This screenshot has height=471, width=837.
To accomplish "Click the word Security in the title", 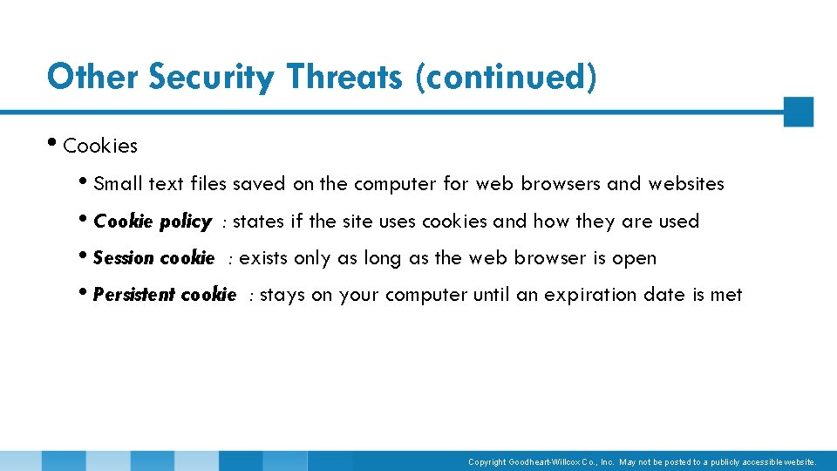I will [x=211, y=77].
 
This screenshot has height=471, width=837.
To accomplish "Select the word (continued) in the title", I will [x=506, y=77].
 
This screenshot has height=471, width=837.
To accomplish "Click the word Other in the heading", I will [x=93, y=77].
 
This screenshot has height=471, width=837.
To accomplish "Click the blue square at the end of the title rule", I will [x=798, y=112].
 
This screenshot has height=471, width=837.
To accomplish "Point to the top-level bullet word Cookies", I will [x=100, y=146].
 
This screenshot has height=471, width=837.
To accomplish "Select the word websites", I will [x=686, y=184].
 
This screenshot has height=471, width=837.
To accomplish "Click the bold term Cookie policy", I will [x=152, y=222].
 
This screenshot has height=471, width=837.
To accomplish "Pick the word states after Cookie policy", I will [x=259, y=222].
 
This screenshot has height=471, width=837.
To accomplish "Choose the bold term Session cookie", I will [x=153, y=258].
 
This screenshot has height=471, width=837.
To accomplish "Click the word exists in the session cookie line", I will [x=263, y=258].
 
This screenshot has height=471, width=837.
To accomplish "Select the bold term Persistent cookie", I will [x=164, y=295].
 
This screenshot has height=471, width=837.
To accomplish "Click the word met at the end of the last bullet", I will [x=726, y=295].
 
